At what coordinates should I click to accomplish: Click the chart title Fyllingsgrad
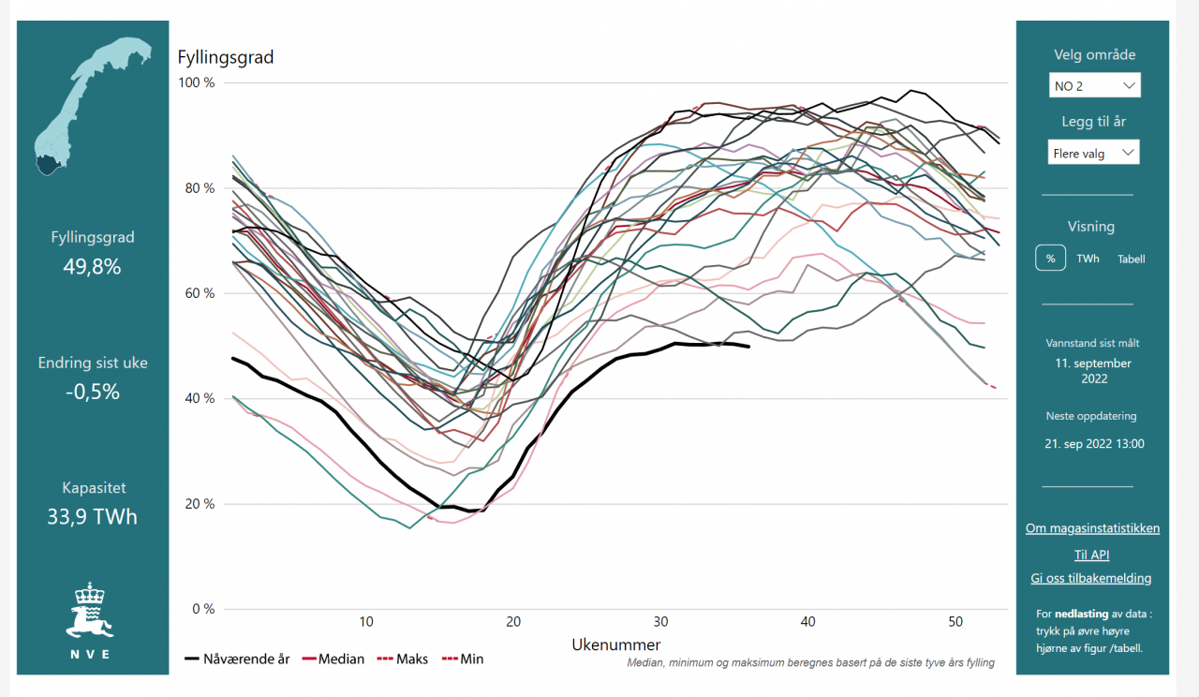tap(226, 58)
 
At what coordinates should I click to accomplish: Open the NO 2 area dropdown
tap(1094, 85)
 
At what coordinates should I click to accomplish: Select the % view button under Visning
tap(1051, 259)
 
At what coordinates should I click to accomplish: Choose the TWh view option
tap(1088, 259)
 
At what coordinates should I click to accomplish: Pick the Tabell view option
tap(1131, 259)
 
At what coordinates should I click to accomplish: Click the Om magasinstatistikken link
tap(1092, 528)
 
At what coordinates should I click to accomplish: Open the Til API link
tap(1092, 555)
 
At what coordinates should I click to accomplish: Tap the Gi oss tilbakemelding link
tap(1091, 578)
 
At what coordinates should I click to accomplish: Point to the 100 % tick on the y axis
tap(197, 83)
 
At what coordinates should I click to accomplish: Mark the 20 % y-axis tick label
tap(199, 504)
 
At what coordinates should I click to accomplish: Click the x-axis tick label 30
tap(661, 622)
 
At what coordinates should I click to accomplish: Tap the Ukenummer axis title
tap(615, 645)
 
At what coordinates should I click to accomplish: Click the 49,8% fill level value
tap(92, 267)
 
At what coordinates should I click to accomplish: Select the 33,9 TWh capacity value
tap(92, 516)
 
